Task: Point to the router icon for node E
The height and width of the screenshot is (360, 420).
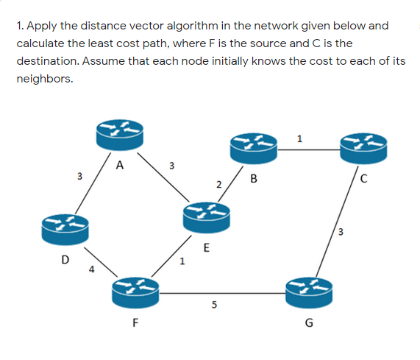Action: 207,216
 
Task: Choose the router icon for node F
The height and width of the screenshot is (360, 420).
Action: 137,293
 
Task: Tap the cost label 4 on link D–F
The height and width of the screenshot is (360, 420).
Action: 92,268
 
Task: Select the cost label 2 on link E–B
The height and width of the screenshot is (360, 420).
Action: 218,183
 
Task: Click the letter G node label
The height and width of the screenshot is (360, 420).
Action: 308,322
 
